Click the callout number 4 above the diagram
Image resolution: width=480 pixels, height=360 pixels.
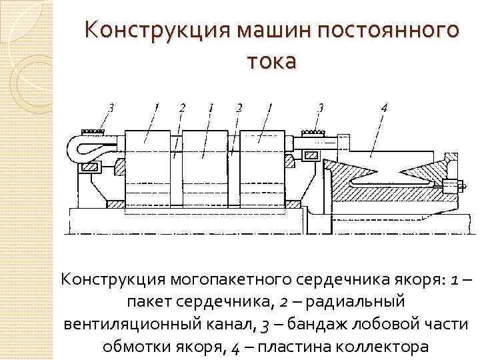(x=385, y=107)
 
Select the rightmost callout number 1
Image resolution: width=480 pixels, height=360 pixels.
(x=269, y=107)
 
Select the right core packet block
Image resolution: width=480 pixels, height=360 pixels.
(x=262, y=167)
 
